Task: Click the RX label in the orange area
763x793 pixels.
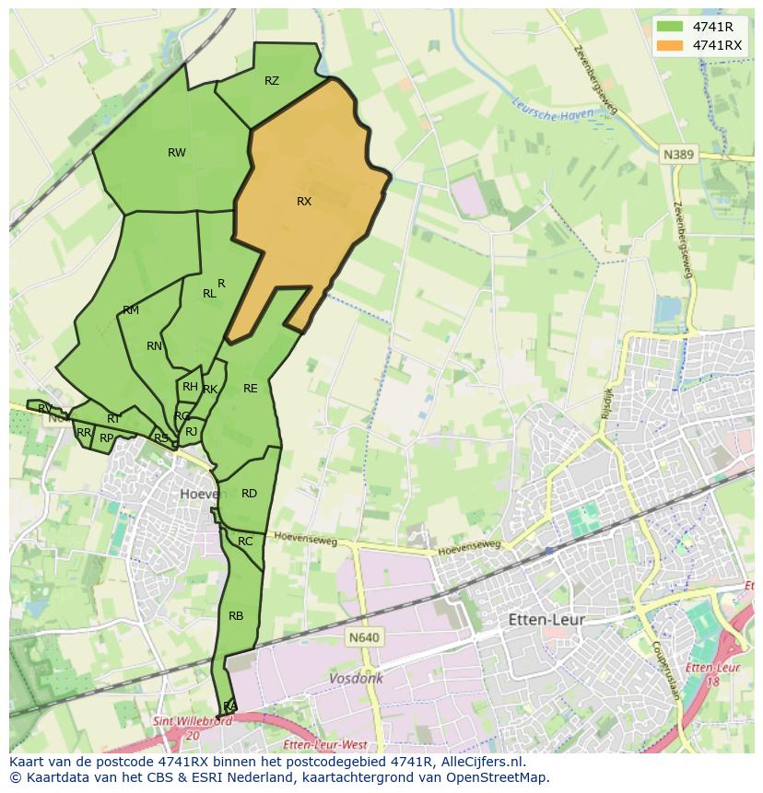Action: pos(304,202)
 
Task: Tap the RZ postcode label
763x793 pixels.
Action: pos(272,81)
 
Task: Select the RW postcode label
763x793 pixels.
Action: pos(177,153)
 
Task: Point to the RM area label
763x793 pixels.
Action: pos(131,310)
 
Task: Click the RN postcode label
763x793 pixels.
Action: pos(154,346)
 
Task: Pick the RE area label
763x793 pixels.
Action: pos(251,389)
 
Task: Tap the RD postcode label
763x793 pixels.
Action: pos(249,494)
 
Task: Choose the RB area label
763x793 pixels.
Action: pos(236,616)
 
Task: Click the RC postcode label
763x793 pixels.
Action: pos(245,542)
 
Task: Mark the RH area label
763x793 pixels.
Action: pos(190,387)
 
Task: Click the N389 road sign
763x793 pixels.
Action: pos(678,156)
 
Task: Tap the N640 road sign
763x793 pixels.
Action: pos(365,637)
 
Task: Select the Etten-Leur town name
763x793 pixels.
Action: pos(546,621)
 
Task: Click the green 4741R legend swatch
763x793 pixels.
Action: pos(670,27)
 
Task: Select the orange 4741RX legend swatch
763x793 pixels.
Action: pos(670,45)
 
